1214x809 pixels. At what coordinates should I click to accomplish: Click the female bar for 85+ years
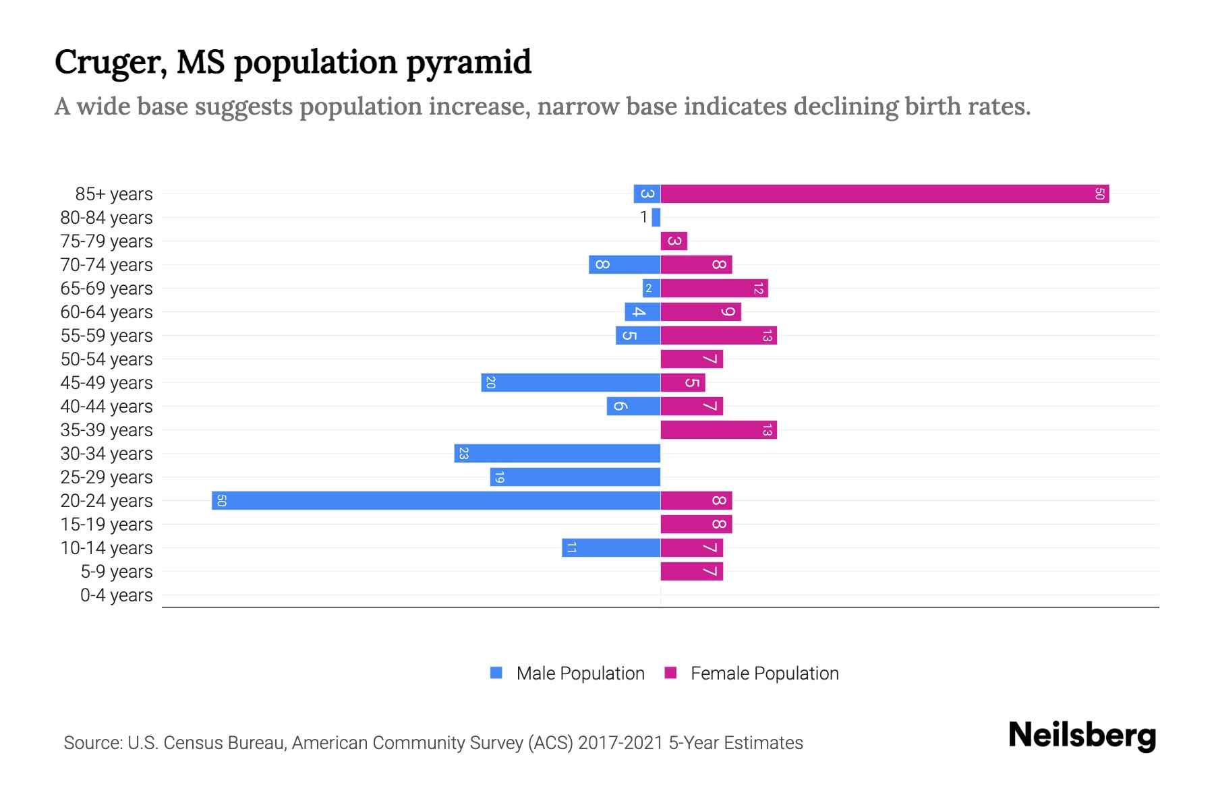[884, 194]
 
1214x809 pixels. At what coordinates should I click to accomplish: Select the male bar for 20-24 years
[436, 501]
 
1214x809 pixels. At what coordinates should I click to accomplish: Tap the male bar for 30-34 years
[557, 454]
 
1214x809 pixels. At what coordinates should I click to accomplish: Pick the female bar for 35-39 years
[718, 430]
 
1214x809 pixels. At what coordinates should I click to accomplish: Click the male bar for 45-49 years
[571, 383]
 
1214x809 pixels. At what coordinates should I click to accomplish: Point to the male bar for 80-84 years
[656, 218]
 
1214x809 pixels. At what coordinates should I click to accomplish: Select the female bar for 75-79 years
[674, 241]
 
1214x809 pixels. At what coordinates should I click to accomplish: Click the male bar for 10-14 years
[611, 548]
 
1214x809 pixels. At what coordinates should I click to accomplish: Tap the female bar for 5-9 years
[691, 572]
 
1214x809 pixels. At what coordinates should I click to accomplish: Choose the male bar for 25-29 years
[575, 477]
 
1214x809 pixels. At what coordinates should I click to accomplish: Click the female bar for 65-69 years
[714, 289]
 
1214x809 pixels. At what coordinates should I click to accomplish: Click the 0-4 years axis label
[116, 595]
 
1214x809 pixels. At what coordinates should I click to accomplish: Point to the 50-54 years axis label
[107, 359]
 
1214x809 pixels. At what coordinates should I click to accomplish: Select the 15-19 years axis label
[107, 525]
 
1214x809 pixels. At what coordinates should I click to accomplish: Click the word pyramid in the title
[469, 62]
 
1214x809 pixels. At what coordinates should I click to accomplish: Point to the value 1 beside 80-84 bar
[643, 217]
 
